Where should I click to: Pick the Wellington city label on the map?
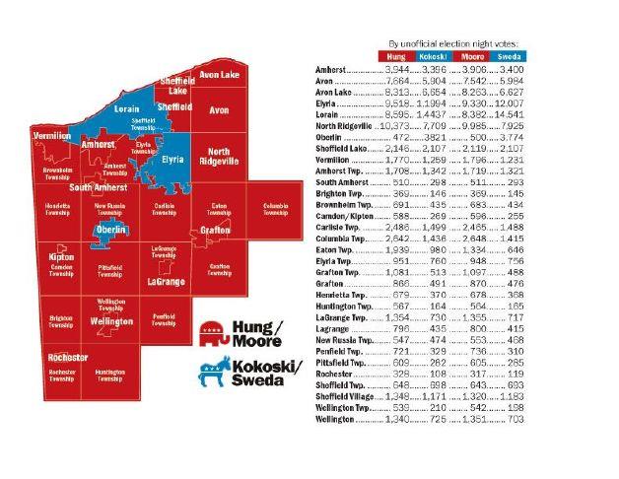pos(109,321)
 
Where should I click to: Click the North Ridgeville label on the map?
pos(218,157)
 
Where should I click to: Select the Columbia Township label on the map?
pos(273,209)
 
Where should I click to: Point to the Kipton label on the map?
pos(61,257)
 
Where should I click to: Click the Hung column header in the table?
pos(397,58)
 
